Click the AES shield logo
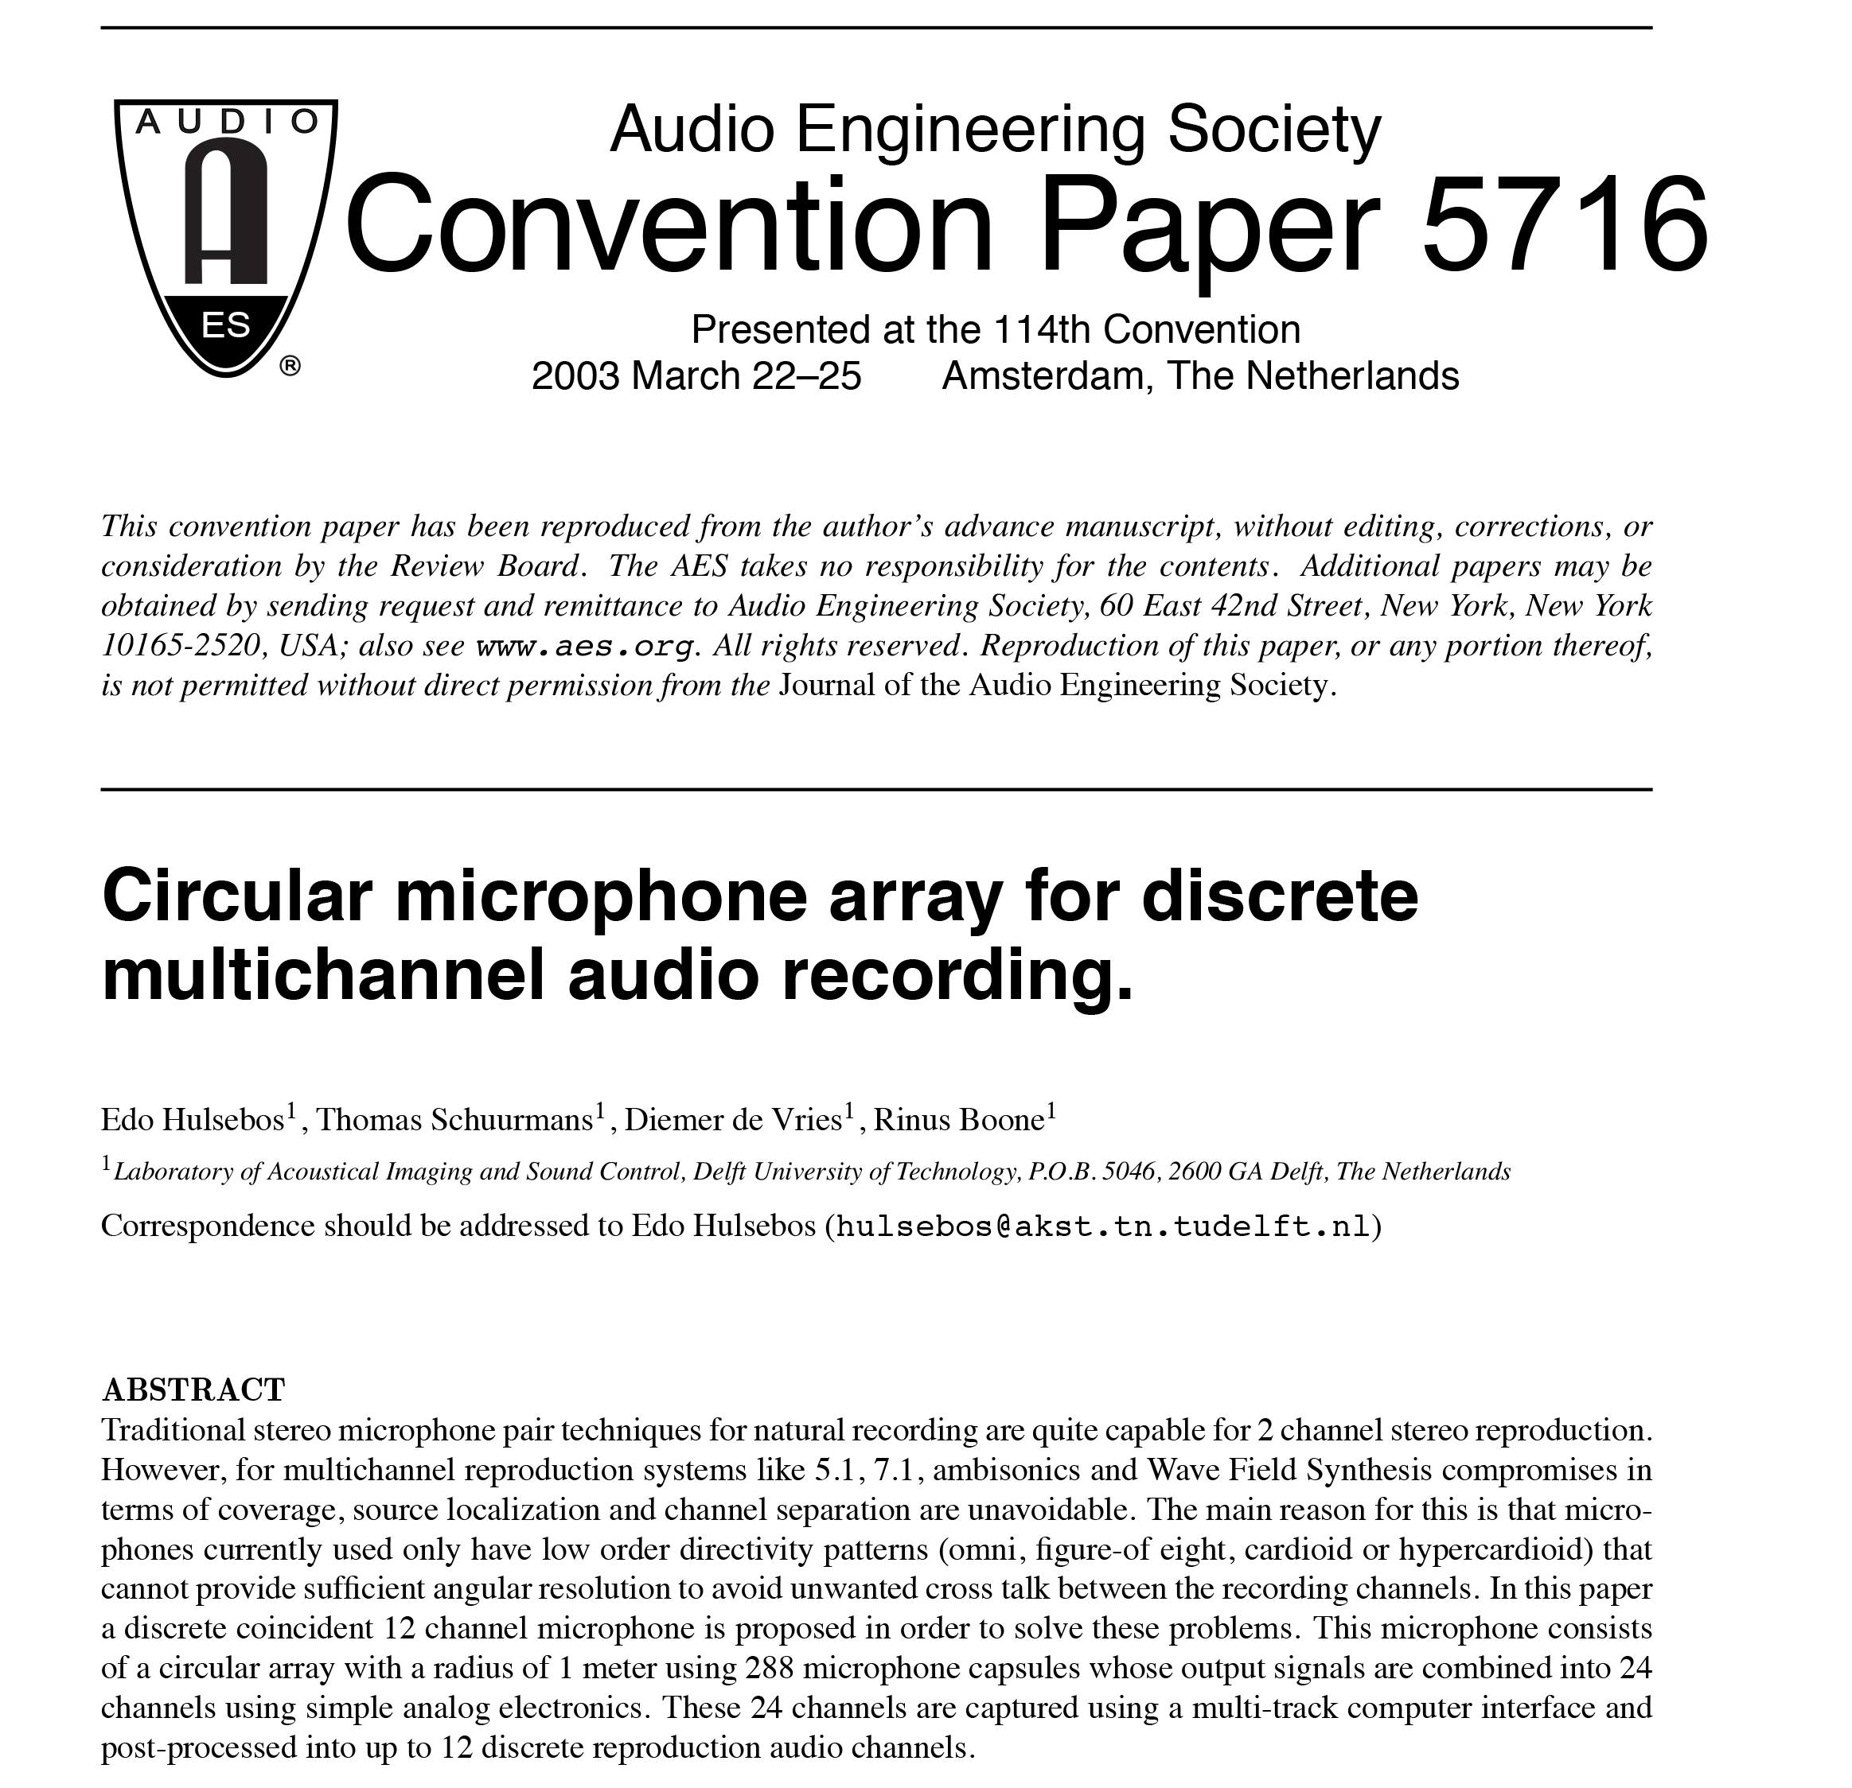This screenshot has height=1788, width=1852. [x=226, y=236]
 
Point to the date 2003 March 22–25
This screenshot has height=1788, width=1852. [x=696, y=376]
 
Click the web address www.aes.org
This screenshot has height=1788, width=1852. [x=586, y=646]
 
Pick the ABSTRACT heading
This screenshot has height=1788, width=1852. [x=193, y=1390]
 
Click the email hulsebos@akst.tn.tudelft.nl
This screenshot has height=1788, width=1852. [x=1104, y=1226]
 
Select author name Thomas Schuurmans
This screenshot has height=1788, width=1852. [x=454, y=1120]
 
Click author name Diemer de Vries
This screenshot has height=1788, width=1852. [x=733, y=1120]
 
